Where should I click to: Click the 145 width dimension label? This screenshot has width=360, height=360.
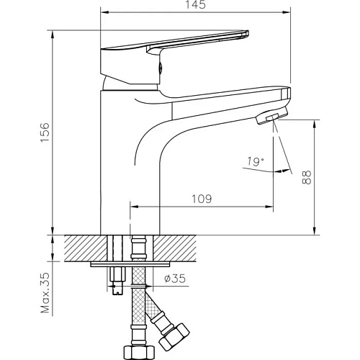[x=196, y=5]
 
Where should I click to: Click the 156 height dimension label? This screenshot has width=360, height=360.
[x=45, y=132]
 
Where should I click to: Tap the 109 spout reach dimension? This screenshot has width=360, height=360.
[x=202, y=199]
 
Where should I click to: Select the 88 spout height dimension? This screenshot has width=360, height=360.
[x=306, y=177]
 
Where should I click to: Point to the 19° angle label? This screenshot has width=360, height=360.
[x=256, y=161]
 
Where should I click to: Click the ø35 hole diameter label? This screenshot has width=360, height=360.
[x=175, y=279]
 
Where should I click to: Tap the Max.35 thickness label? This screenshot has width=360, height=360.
[x=45, y=293]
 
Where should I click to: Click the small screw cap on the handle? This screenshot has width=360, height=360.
[x=161, y=67]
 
